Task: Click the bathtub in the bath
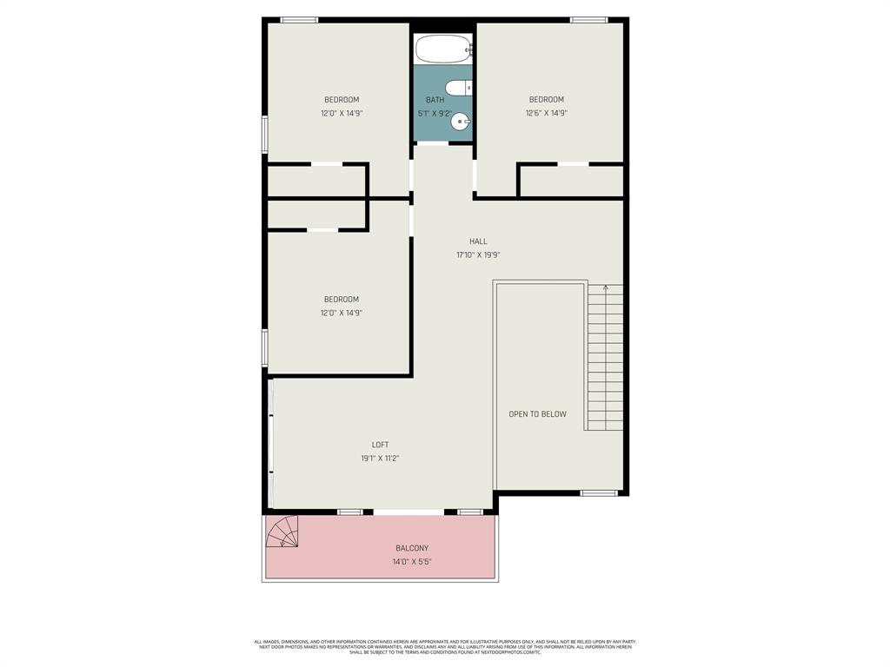(x=442, y=50)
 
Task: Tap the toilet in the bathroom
(x=458, y=88)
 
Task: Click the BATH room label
(x=435, y=100)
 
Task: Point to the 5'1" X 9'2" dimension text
(x=435, y=113)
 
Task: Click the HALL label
(x=478, y=241)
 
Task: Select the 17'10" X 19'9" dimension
(x=478, y=255)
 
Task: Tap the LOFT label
(x=380, y=445)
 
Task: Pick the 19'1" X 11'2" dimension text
(x=380, y=459)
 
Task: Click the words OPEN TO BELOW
(x=537, y=414)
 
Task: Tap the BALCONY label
(x=412, y=548)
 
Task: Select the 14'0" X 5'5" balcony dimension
(x=412, y=562)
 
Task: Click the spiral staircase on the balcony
(x=283, y=532)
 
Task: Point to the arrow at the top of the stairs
(x=605, y=289)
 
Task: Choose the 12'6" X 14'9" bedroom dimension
(x=547, y=113)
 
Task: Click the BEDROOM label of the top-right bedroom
(x=547, y=100)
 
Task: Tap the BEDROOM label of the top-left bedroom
(x=342, y=100)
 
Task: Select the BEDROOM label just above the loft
(x=342, y=300)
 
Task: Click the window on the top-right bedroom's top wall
(x=588, y=20)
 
